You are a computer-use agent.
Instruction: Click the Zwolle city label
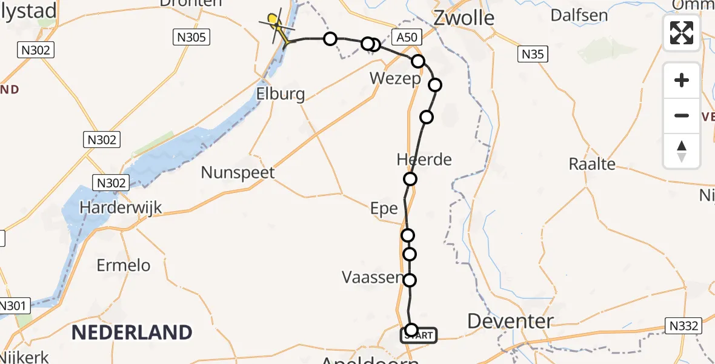click(464, 18)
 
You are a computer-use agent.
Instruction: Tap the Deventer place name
click(510, 321)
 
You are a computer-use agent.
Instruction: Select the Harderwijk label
click(121, 207)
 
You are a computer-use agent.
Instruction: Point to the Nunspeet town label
click(238, 172)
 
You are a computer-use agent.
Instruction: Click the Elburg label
click(280, 95)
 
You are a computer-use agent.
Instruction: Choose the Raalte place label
click(592, 163)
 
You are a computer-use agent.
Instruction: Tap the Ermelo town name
click(124, 265)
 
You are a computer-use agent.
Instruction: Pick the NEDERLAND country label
click(132, 332)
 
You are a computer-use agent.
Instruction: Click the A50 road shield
click(406, 38)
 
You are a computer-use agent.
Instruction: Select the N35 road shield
click(534, 55)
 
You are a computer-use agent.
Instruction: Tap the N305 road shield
click(191, 38)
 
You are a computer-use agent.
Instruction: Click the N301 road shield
click(11, 306)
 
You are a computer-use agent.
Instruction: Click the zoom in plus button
click(682, 80)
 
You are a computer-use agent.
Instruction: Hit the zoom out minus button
click(682, 115)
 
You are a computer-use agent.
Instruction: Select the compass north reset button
click(682, 150)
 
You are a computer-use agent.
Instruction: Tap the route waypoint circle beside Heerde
click(410, 178)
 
